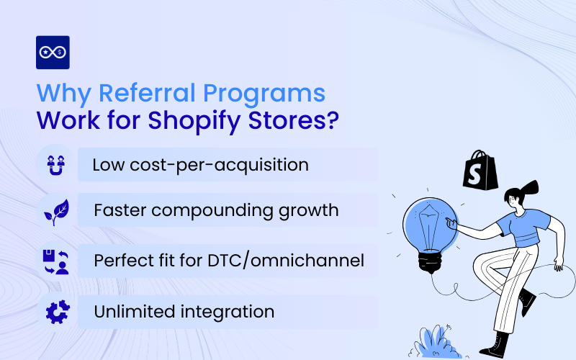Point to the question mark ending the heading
click(x=330, y=120)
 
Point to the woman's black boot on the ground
click(x=495, y=344)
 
